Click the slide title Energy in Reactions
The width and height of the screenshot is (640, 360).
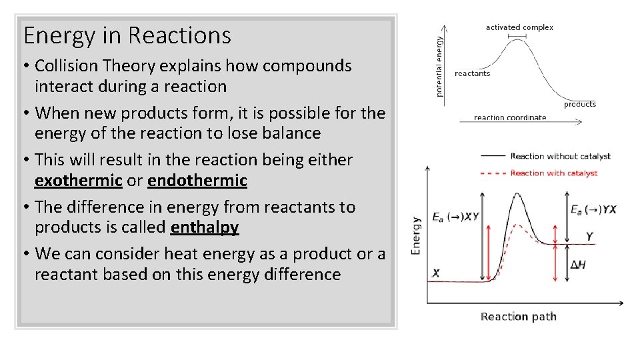coord(127,35)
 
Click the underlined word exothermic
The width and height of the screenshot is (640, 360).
coord(78,181)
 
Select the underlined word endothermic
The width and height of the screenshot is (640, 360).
coord(197,181)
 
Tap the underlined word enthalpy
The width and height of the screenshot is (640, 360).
coord(205,227)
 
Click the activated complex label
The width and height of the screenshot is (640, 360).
coord(519,27)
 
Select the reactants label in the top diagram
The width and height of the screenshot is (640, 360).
coord(472,73)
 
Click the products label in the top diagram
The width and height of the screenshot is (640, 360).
coord(579,104)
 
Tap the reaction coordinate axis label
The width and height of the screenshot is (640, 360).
coord(509,118)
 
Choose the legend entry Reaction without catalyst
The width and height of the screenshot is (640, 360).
coord(560,157)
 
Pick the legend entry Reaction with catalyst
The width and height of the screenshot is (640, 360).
coord(553,173)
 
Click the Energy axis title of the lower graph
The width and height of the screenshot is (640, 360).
coord(416,235)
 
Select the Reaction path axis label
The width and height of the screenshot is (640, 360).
coord(518,317)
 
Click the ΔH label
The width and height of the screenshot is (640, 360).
coord(579,265)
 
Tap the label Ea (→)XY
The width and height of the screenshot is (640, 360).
coord(455,217)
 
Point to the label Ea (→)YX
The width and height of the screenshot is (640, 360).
coord(593,209)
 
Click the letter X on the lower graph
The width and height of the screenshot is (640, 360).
coord(436,273)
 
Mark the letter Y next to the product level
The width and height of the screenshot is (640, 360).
coord(589,237)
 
